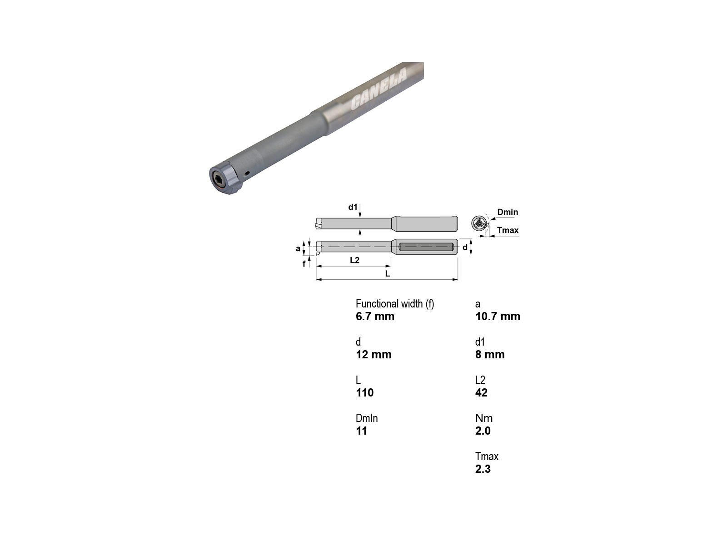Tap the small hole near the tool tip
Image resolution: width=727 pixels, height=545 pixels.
[x=247, y=173]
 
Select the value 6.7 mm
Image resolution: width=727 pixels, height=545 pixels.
[x=375, y=317]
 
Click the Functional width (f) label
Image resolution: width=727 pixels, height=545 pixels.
[x=395, y=304]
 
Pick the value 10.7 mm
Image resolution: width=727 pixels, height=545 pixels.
[x=498, y=317]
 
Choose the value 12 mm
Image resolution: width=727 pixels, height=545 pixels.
[x=373, y=354]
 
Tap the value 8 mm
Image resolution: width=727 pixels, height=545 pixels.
[x=490, y=354]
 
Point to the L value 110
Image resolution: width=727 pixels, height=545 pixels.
[x=365, y=393]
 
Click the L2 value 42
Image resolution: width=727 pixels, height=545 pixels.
[x=482, y=393]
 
